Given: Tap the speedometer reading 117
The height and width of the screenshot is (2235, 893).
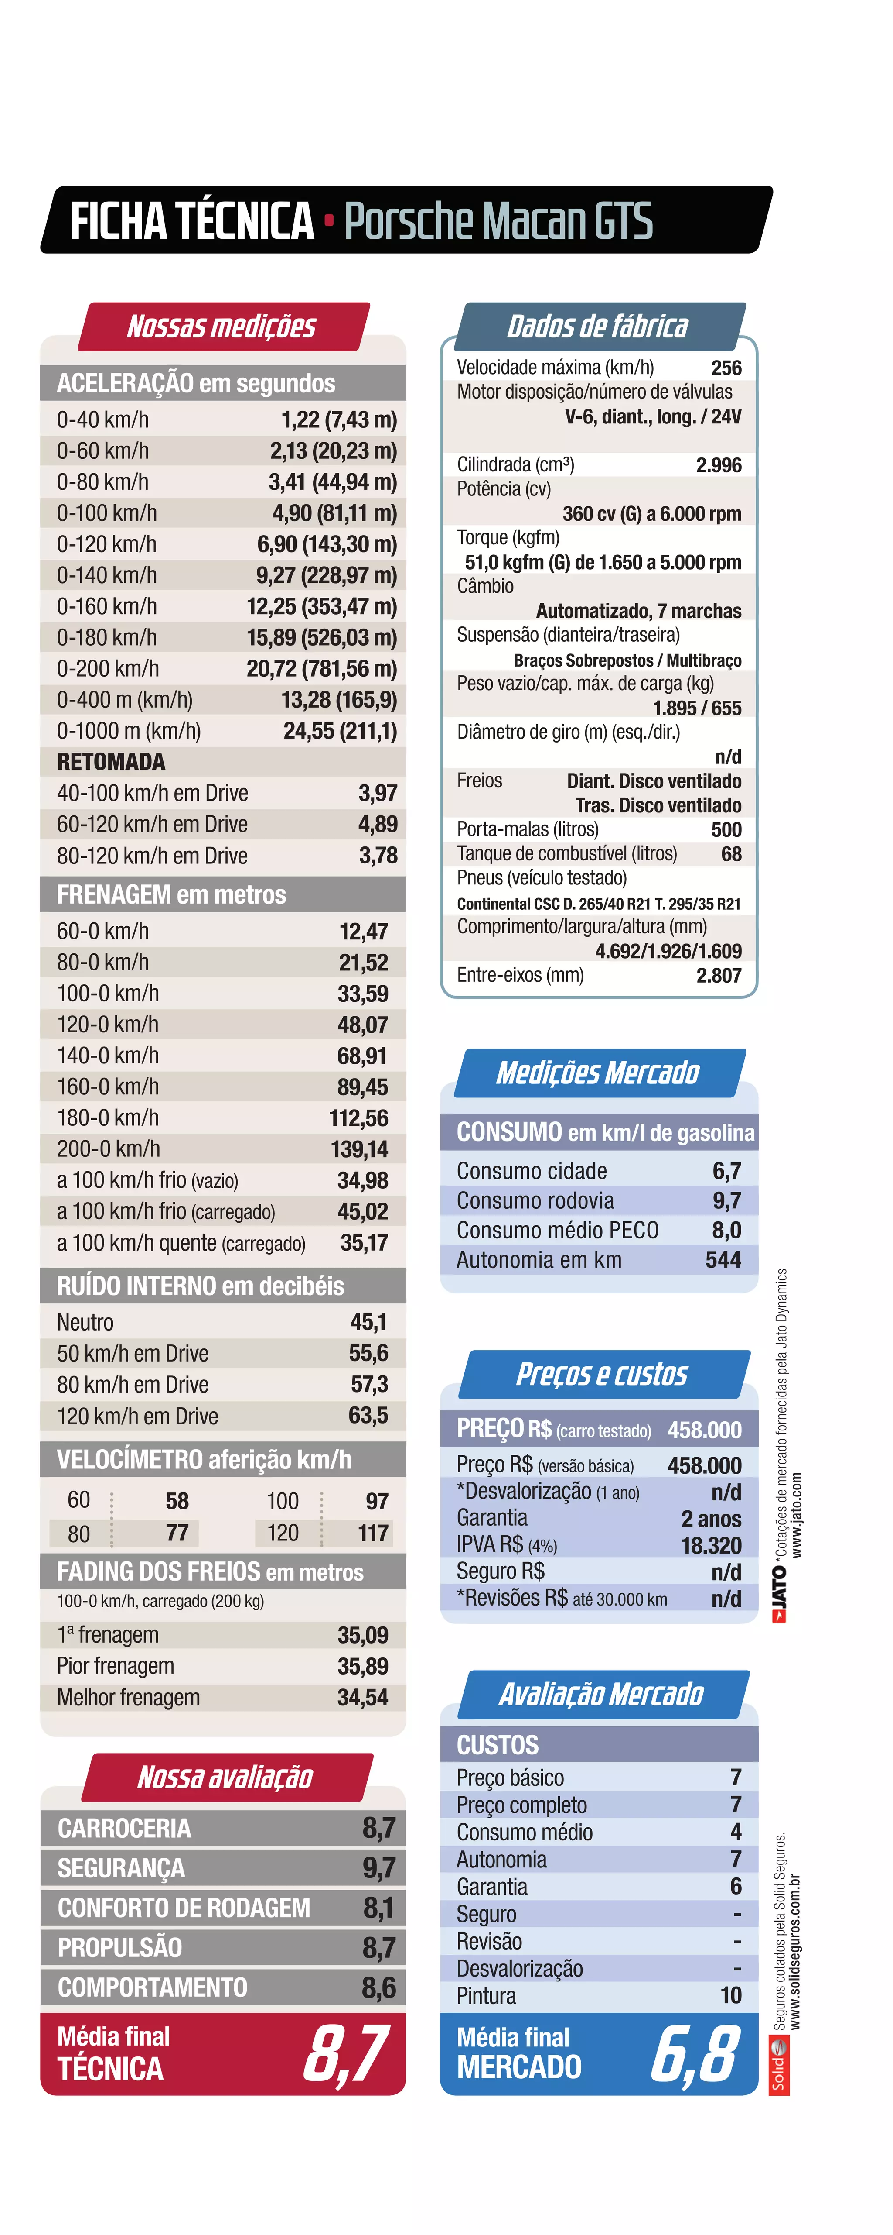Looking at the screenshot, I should (373, 1533).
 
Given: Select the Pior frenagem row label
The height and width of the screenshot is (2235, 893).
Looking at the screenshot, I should (115, 1666).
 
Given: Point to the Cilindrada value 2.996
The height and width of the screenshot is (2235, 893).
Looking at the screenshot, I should (719, 465).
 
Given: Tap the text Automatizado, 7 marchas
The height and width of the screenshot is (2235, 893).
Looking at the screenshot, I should (638, 611).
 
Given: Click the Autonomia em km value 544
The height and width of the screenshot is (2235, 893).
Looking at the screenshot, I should (723, 1260).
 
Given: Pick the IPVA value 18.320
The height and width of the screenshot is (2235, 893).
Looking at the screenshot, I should (711, 1545).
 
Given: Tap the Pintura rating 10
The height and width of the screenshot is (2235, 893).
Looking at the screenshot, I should (731, 1995).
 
